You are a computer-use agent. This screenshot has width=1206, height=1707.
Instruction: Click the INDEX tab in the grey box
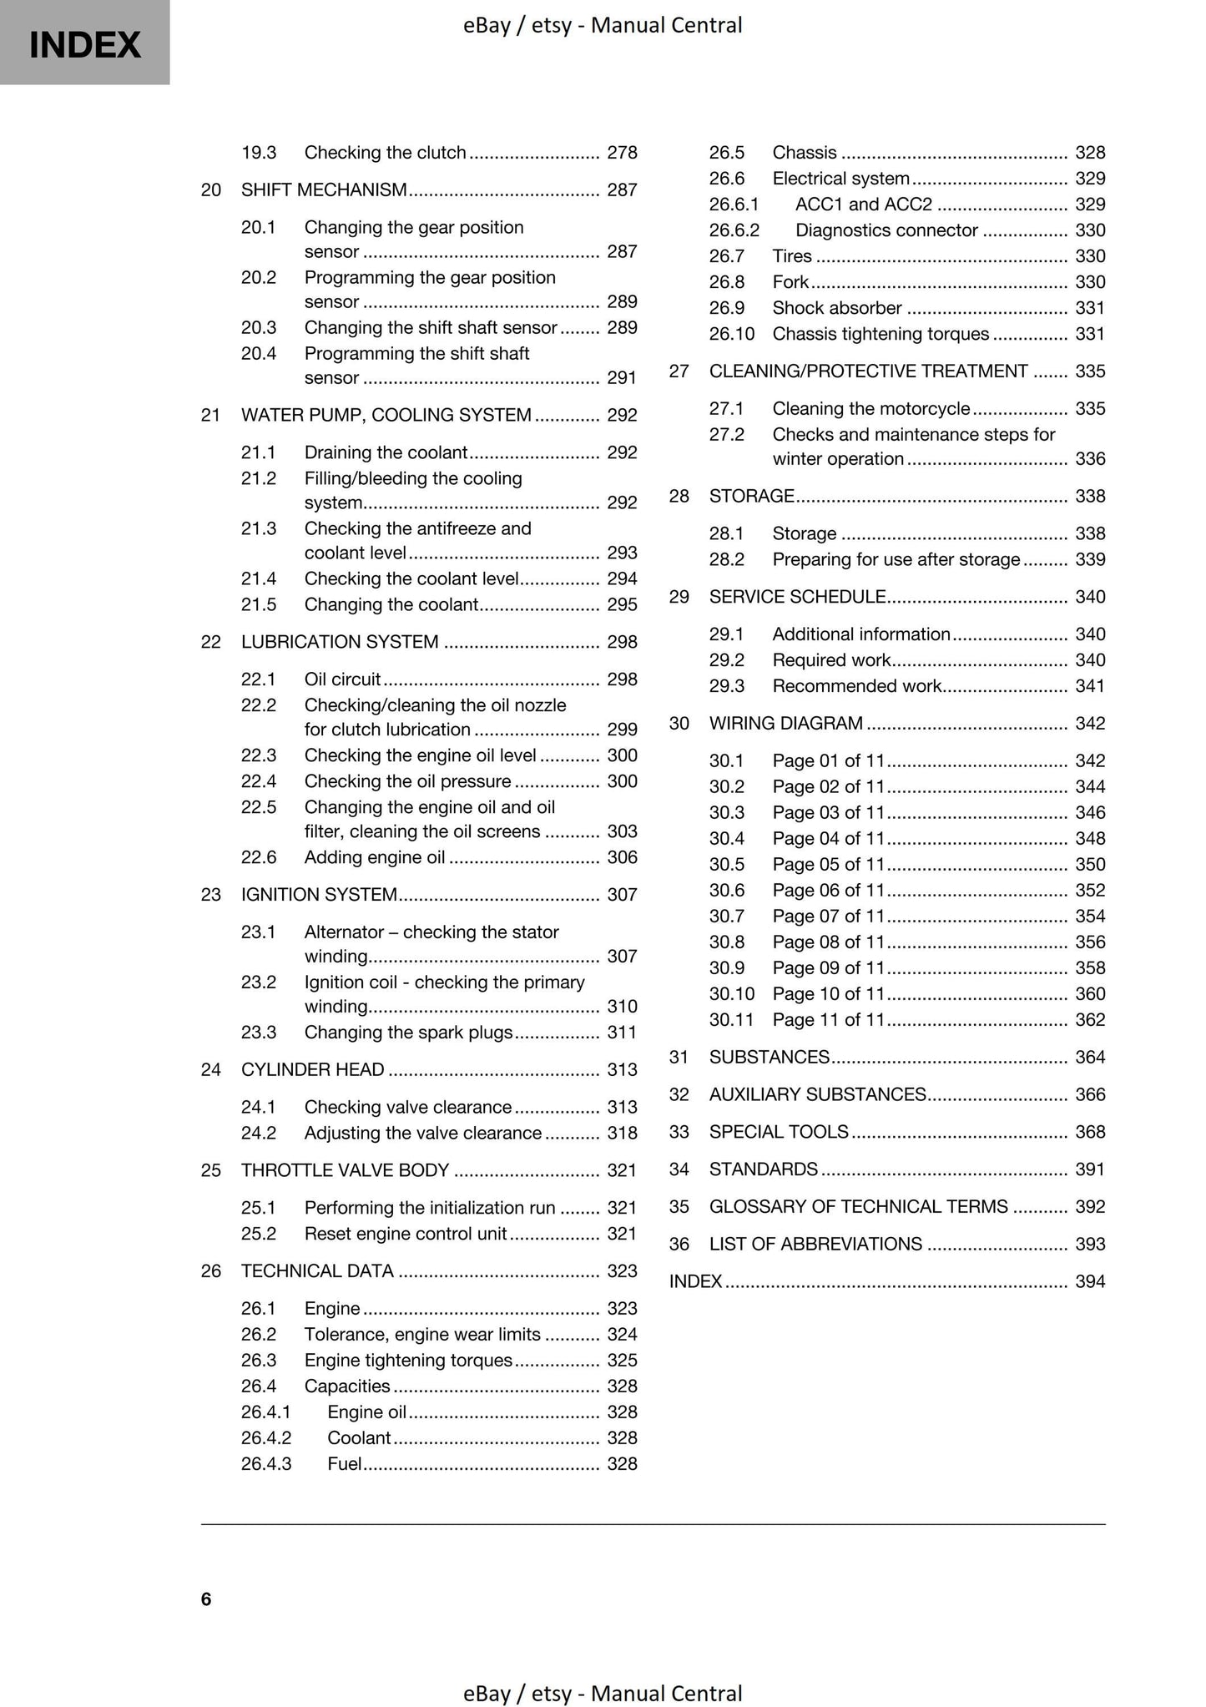coord(84,44)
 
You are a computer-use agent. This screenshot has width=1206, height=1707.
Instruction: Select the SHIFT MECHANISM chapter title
coord(324,190)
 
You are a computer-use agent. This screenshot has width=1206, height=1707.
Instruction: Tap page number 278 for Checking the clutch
coord(622,153)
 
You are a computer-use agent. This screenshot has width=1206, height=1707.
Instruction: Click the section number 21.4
coord(259,578)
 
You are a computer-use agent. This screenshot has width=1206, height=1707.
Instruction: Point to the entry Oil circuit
coord(342,679)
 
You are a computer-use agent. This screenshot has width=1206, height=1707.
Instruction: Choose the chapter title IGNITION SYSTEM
coord(319,895)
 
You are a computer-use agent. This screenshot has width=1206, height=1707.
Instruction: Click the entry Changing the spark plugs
coord(408,1033)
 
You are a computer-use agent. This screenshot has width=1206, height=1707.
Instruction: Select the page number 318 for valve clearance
coord(622,1134)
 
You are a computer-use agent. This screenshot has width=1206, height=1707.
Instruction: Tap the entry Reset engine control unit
coord(406,1234)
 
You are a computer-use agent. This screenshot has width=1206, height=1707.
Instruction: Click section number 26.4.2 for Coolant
coord(266,1438)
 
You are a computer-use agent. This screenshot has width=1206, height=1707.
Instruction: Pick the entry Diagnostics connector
coord(886,230)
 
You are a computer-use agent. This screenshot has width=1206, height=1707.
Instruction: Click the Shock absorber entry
coord(837,308)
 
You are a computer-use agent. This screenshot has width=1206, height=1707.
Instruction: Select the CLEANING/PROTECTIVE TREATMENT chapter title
coord(869,371)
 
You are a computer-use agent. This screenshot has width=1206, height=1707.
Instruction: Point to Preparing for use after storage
coord(896,560)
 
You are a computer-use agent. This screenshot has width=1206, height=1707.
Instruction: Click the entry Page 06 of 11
coord(828,891)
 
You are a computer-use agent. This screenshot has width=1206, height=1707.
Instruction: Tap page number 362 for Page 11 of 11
coord(1090,1020)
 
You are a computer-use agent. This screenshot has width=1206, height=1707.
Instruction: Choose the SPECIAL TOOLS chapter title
coord(779,1133)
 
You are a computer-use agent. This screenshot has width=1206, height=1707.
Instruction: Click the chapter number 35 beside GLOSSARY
coord(679,1207)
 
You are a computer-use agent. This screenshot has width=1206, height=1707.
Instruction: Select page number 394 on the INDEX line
coord(1090,1282)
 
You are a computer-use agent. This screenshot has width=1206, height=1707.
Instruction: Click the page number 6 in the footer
coord(206,1599)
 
